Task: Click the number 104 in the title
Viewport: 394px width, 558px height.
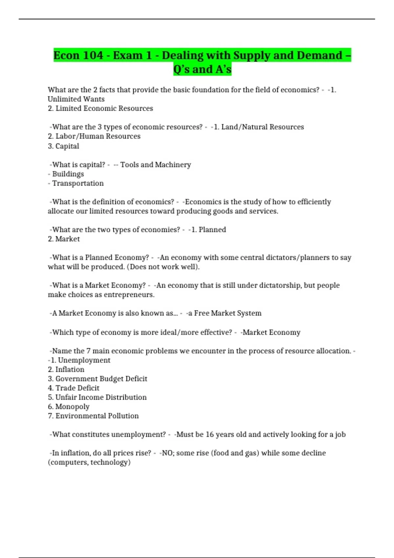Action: [93, 55]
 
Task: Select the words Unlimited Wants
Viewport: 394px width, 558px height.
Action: [76, 99]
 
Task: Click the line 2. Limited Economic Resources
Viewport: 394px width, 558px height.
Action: [100, 108]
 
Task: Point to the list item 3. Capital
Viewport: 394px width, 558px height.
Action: [63, 146]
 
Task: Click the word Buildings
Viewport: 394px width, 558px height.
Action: [68, 174]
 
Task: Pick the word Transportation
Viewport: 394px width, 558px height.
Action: [78, 183]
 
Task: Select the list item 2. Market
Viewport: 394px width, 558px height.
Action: [64, 239]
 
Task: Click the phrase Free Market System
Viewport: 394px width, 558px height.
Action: [228, 313]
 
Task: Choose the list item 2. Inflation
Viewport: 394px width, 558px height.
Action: [66, 370]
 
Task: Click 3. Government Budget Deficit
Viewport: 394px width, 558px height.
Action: [98, 379]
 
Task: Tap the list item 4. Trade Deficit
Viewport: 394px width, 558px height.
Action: [74, 388]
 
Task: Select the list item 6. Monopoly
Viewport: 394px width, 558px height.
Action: [69, 407]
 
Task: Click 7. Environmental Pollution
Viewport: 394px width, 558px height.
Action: [93, 416]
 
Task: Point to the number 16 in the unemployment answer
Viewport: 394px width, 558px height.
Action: [209, 435]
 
